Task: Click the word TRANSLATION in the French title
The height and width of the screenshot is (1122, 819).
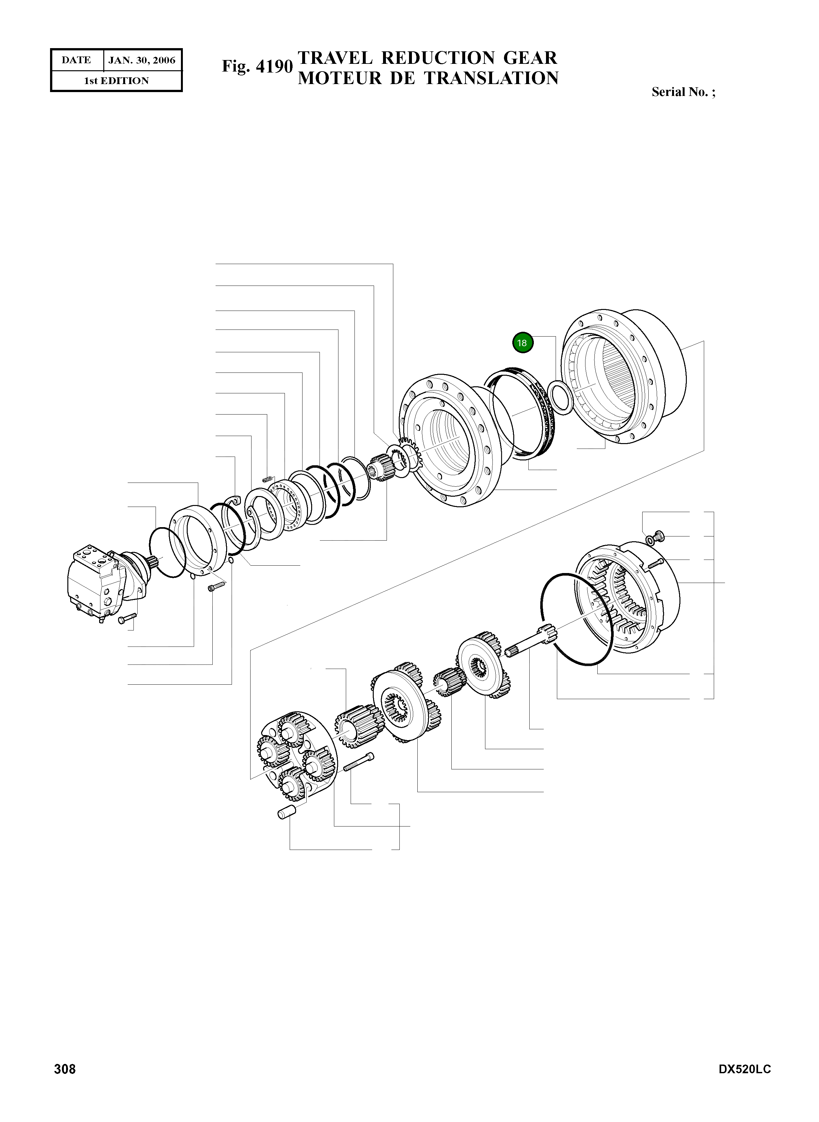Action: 491,78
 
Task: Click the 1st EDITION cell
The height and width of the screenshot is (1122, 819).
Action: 116,81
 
